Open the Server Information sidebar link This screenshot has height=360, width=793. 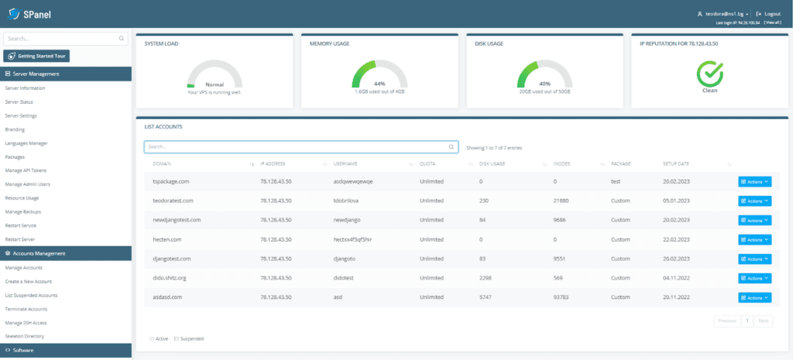point(26,88)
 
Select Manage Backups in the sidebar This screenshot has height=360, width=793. point(23,211)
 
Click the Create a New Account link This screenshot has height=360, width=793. point(29,281)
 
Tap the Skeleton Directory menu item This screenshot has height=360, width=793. point(24,336)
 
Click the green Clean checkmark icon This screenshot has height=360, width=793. point(709,74)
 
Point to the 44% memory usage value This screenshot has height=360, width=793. point(379,83)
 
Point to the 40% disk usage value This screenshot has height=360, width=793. point(544,83)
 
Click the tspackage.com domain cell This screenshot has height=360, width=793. point(171,181)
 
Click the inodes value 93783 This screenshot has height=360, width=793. point(565,297)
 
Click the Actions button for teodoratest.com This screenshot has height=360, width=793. point(754,201)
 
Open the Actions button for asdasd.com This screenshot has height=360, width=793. point(754,297)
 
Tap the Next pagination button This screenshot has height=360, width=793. point(763,320)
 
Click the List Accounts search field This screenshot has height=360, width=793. point(298,146)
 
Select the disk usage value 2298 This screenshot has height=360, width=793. point(487,278)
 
